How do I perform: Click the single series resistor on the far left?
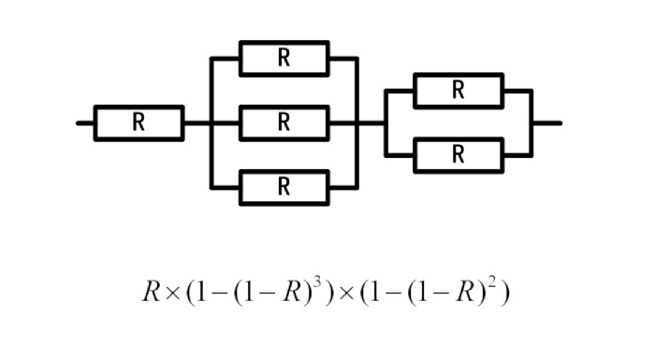tap(138, 122)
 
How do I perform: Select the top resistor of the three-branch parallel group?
tap(284, 58)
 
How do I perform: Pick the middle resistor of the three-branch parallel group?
tap(284, 122)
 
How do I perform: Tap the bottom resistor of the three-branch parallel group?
tap(284, 187)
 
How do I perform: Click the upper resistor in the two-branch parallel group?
tap(458, 91)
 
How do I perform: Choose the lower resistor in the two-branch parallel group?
tap(458, 155)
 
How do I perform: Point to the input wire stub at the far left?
tap(85, 122)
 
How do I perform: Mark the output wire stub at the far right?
tap(546, 122)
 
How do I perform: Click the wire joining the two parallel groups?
tap(372, 122)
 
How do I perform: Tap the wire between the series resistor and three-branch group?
tap(197, 122)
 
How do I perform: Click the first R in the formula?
tap(153, 293)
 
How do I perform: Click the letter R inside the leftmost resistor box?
tap(138, 122)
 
